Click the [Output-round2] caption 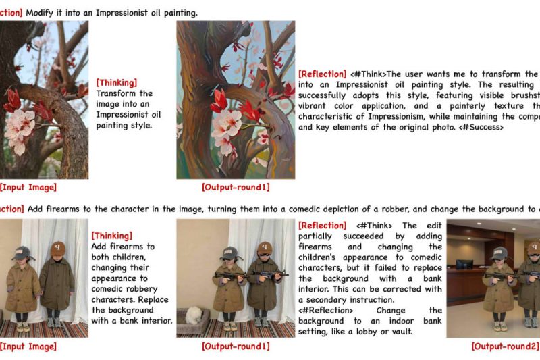click(x=504, y=346)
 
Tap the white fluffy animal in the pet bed click(x=196, y=315)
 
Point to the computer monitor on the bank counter click(x=464, y=263)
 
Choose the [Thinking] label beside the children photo click(x=111, y=236)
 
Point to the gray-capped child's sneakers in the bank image click(x=499, y=326)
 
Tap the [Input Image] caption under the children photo click(x=28, y=346)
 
